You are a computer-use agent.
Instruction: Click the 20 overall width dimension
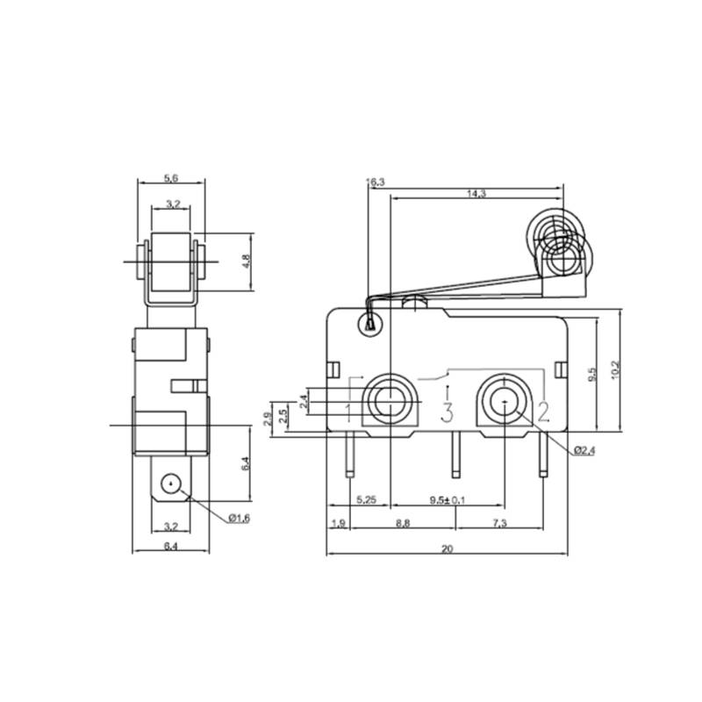point(447,549)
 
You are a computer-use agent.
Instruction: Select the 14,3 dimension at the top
point(477,194)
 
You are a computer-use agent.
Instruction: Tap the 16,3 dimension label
point(376,182)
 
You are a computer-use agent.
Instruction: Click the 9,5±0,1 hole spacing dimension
point(448,500)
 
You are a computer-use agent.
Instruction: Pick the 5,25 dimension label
point(367,500)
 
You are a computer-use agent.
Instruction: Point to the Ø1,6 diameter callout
point(239,519)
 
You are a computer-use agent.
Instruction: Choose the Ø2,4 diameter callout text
point(585,451)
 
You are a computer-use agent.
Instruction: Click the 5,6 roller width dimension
point(172,178)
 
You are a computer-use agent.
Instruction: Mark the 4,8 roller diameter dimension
point(247,261)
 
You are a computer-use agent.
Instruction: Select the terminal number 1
point(349,411)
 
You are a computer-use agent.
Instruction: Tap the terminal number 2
point(543,411)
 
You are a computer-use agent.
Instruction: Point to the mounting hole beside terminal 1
point(387,402)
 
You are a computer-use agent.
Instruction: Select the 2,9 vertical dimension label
point(268,418)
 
